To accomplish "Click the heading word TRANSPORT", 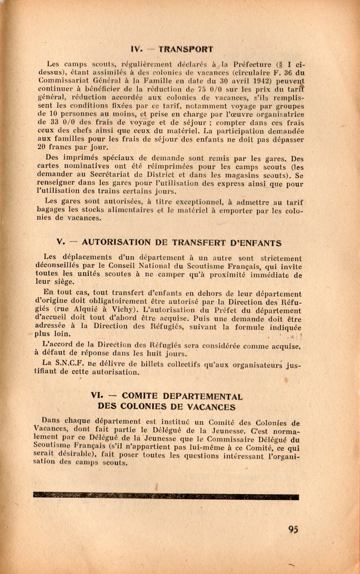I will [x=186, y=49].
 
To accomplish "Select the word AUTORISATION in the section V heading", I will [x=116, y=243].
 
